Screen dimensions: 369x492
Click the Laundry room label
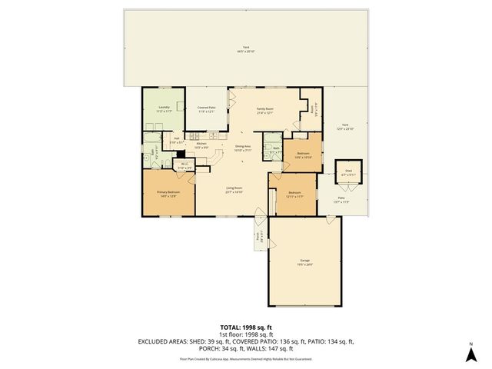tap(163, 107)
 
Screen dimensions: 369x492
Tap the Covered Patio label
tap(205, 107)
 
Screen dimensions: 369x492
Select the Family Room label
tap(265, 109)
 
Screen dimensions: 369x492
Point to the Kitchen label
tap(201, 144)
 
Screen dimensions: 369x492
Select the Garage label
tap(305, 261)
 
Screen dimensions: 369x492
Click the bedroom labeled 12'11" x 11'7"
tap(295, 193)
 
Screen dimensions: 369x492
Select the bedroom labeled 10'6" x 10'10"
tap(304, 154)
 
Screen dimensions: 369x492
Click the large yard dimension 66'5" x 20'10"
tap(246, 51)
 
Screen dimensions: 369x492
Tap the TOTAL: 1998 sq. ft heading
tap(246, 327)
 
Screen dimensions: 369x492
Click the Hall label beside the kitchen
tap(176, 140)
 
